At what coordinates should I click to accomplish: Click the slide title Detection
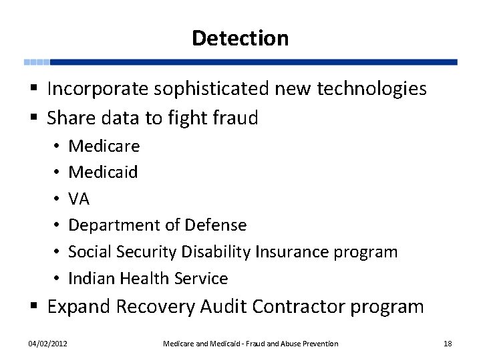pos(240,38)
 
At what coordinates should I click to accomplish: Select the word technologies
pos(375,89)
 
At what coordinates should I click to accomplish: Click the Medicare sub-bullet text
pos(104,146)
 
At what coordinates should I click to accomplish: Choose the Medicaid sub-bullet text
pos(103,172)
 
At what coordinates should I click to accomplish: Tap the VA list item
pos(79,199)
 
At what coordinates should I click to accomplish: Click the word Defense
pos(215,225)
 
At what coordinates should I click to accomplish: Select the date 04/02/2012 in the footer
pos(47,344)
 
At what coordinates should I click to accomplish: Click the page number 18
pos(448,344)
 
